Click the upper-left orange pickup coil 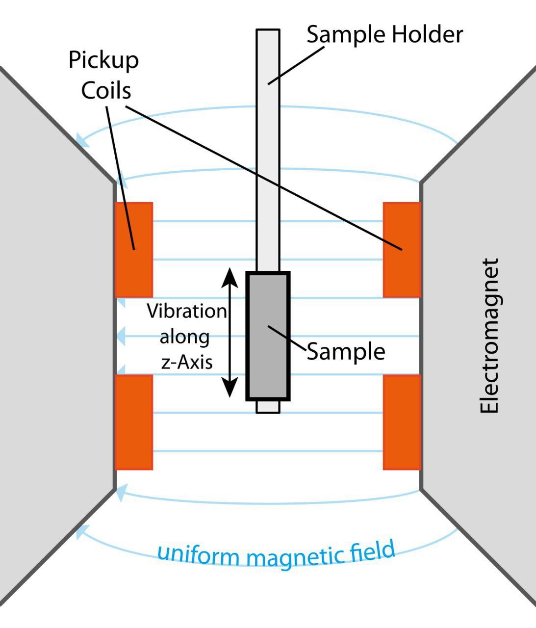[x=134, y=250]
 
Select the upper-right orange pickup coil [x=402, y=250]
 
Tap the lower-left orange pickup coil [x=134, y=422]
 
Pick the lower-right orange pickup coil [x=402, y=422]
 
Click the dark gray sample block [x=268, y=336]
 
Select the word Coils [x=106, y=91]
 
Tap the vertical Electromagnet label [x=489, y=336]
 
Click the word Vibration [x=187, y=312]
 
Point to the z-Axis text [x=187, y=362]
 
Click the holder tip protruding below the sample [x=268, y=407]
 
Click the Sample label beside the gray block [x=346, y=351]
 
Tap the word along [x=185, y=337]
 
